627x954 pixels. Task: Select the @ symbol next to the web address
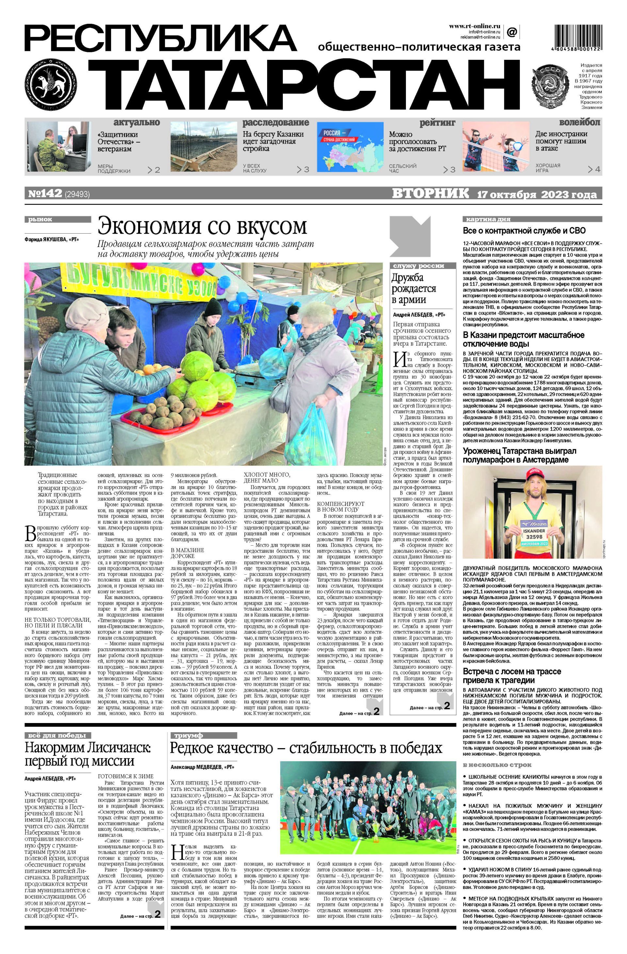[x=512, y=31]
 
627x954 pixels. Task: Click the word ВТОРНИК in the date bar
[x=430, y=194]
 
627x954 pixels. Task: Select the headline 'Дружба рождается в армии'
[x=414, y=288]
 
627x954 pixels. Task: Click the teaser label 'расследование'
[x=276, y=123]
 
